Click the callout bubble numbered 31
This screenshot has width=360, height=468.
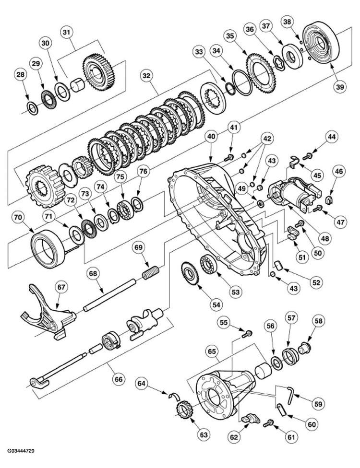pos(67,32)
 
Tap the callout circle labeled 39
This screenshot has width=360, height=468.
pos(340,87)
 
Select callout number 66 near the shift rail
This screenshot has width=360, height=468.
pos(119,379)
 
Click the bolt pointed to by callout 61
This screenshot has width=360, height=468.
pos(269,423)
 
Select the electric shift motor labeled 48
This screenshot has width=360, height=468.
pos(292,194)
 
